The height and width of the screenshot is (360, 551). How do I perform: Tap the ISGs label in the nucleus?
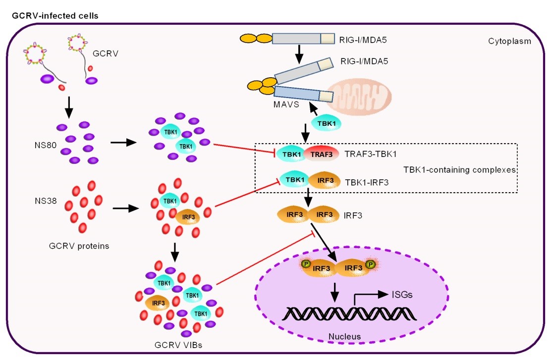403,295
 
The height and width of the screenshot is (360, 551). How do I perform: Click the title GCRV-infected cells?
55,15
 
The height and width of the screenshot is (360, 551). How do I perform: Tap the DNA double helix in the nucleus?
350,314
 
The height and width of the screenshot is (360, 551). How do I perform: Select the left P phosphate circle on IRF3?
307,265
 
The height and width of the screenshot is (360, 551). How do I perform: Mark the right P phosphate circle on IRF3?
370,265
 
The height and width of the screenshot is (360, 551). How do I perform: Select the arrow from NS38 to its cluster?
126,208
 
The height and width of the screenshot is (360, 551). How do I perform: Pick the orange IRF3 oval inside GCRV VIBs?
158,302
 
